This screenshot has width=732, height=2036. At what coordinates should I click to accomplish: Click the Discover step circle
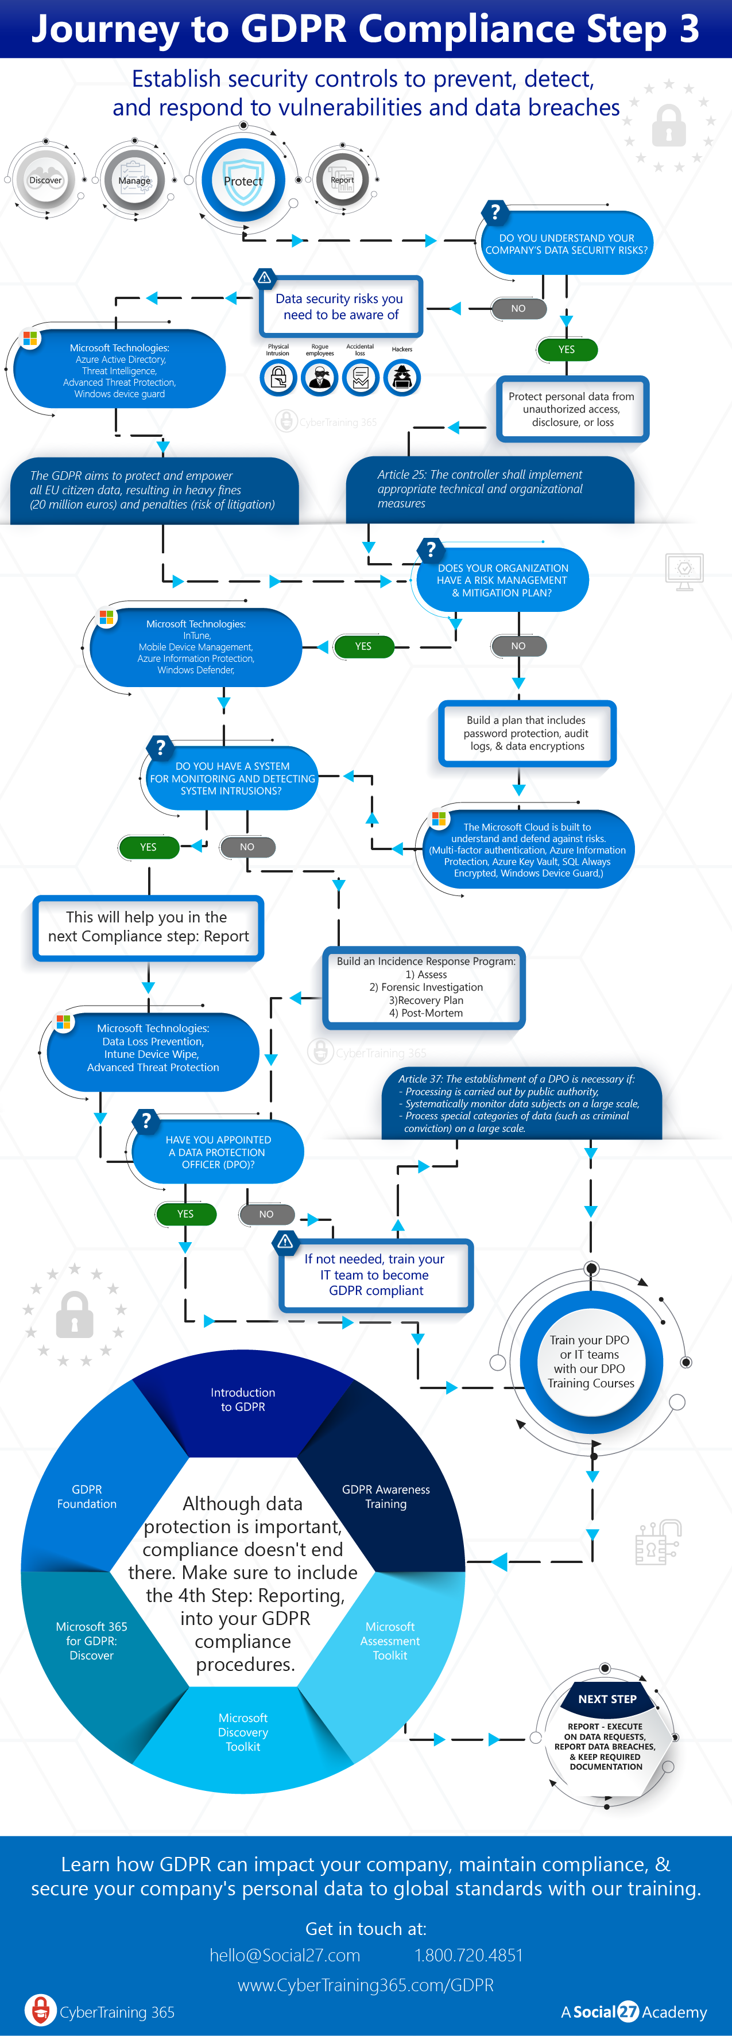[45, 180]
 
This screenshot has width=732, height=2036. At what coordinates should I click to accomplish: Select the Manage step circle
[134, 180]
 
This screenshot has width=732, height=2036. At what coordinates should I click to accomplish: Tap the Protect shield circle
[243, 180]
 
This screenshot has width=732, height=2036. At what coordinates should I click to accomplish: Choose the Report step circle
[342, 180]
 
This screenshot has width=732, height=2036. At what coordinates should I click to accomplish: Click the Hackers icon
[401, 378]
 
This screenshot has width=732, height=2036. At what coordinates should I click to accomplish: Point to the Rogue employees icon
[319, 378]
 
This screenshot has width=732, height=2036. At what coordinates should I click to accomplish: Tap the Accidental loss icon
[361, 378]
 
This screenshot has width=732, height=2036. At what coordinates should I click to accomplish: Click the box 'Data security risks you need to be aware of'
[340, 307]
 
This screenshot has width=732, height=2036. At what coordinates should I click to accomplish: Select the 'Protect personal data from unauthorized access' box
[571, 409]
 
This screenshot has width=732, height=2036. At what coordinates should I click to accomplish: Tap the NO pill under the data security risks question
[518, 308]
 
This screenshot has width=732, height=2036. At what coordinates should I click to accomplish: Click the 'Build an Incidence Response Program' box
[425, 987]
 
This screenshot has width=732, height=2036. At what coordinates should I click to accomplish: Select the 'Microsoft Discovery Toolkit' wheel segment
[243, 1732]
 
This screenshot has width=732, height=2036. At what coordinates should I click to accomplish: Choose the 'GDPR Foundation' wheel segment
[87, 1496]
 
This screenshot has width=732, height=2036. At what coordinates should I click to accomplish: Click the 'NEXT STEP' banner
[606, 1698]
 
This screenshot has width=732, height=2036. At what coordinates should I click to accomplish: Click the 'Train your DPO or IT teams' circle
[591, 1361]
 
